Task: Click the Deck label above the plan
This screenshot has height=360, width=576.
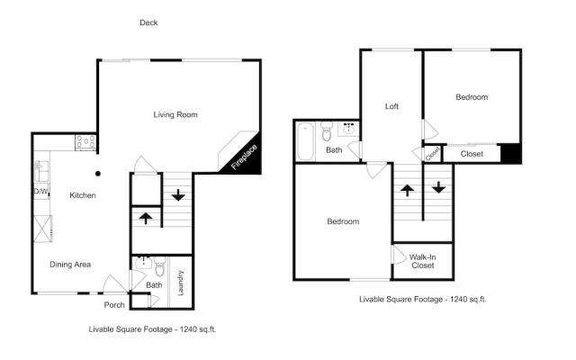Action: coord(148,22)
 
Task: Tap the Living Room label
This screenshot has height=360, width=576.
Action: coord(175,114)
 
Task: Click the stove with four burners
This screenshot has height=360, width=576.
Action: coord(85,142)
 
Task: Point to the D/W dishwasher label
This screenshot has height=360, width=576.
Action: coord(40,191)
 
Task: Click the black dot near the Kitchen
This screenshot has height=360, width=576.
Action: coord(98,174)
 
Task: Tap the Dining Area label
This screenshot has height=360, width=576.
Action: coord(70,265)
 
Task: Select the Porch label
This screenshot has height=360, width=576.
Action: coord(114,305)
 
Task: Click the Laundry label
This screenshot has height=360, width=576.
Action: coord(180,283)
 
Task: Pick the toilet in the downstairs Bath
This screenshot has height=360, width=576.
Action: coord(160,266)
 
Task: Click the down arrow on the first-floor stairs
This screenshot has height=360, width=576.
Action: coord(178,194)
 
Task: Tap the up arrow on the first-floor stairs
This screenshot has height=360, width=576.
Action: coord(146,218)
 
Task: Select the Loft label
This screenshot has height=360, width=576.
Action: coord(391,106)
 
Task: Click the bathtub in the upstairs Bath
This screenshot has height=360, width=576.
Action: coord(305,141)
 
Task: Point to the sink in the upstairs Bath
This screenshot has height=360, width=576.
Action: coord(348,129)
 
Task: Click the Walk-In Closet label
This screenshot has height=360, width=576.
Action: coord(422,261)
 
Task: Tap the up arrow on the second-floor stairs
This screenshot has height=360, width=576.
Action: coord(407,190)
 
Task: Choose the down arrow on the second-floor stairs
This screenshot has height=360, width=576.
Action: coord(438,187)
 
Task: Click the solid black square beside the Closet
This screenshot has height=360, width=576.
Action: coord(511,153)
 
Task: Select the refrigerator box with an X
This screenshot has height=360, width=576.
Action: coord(42,229)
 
